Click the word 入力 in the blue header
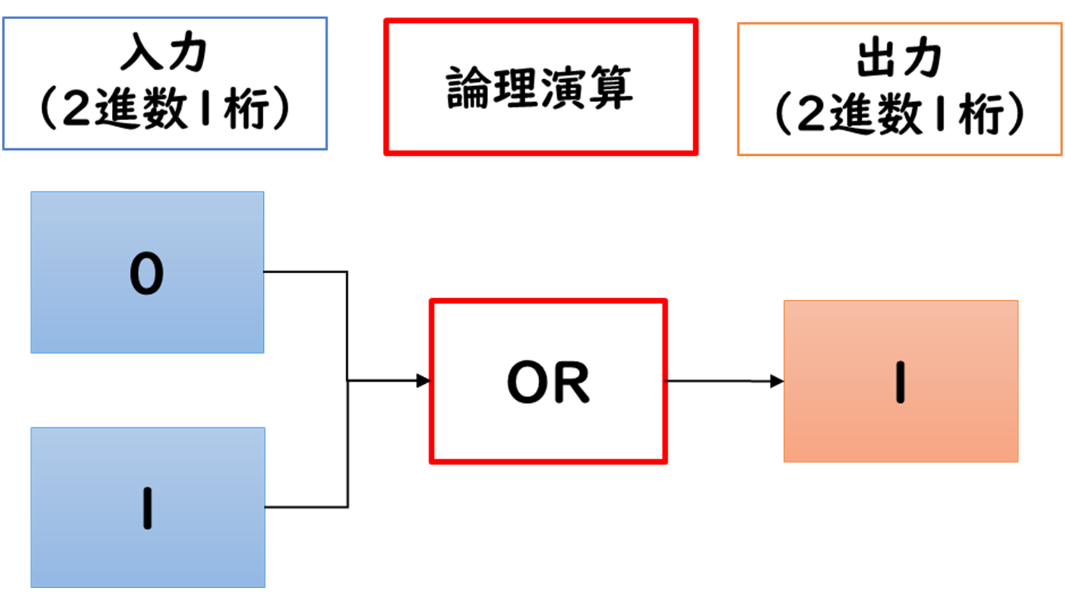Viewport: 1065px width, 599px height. click(164, 53)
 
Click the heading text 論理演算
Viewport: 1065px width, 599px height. click(540, 87)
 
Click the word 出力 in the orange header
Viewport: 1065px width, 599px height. click(899, 58)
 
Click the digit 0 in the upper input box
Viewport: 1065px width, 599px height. click(147, 273)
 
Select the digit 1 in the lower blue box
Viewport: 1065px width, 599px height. click(148, 508)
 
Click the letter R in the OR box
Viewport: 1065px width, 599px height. click(571, 383)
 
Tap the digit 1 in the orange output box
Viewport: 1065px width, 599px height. click(900, 382)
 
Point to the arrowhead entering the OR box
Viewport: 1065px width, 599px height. click(424, 381)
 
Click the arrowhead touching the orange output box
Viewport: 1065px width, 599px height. click(777, 381)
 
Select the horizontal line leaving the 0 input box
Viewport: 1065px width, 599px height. click(305, 272)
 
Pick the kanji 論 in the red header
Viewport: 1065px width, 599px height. click(468, 87)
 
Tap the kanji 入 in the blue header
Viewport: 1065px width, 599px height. click(142, 53)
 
